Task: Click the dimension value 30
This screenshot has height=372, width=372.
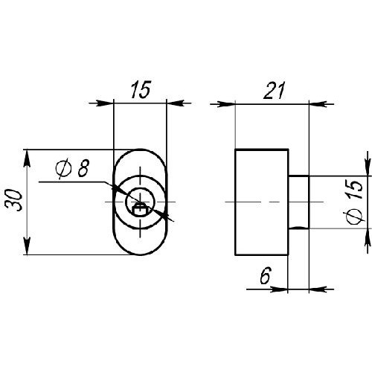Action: [14, 200]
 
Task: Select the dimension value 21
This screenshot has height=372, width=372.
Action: [274, 90]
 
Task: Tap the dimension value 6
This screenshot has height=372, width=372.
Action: [266, 275]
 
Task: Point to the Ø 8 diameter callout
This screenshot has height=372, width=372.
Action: [72, 168]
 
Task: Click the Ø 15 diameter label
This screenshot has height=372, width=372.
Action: [355, 202]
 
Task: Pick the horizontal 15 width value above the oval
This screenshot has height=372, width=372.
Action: [141, 89]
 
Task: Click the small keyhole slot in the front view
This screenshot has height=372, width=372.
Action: [141, 210]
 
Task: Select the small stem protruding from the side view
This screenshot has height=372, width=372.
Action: [299, 202]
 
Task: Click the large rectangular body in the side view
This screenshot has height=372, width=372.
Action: [262, 202]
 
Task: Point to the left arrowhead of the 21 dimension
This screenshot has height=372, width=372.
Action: [225, 104]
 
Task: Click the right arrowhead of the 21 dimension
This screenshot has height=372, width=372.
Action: [318, 104]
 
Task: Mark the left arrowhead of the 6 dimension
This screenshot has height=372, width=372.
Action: [279, 289]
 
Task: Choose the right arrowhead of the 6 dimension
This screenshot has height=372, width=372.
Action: [318, 289]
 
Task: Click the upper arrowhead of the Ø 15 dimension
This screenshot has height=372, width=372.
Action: [367, 166]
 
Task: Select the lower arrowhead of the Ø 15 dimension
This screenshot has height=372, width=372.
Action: [367, 237]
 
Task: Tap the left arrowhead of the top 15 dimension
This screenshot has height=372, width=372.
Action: [104, 103]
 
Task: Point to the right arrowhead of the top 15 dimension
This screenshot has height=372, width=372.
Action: [175, 103]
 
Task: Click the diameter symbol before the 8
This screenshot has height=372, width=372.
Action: [63, 169]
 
